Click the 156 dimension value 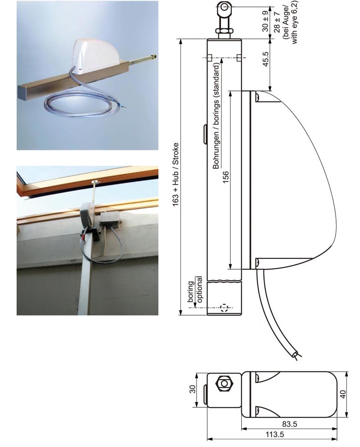[225, 177]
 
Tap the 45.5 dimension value [265, 59]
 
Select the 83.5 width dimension [290, 424]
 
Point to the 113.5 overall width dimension [275, 435]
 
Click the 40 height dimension [343, 394]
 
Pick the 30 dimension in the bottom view [193, 389]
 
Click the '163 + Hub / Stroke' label [175, 175]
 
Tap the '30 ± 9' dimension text [265, 21]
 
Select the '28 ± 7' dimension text [276, 22]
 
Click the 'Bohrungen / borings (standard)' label [216, 116]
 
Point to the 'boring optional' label [195, 289]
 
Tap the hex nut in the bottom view [225, 384]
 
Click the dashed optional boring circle [224, 308]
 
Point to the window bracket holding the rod [95, 181]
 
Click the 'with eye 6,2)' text [293, 22]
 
